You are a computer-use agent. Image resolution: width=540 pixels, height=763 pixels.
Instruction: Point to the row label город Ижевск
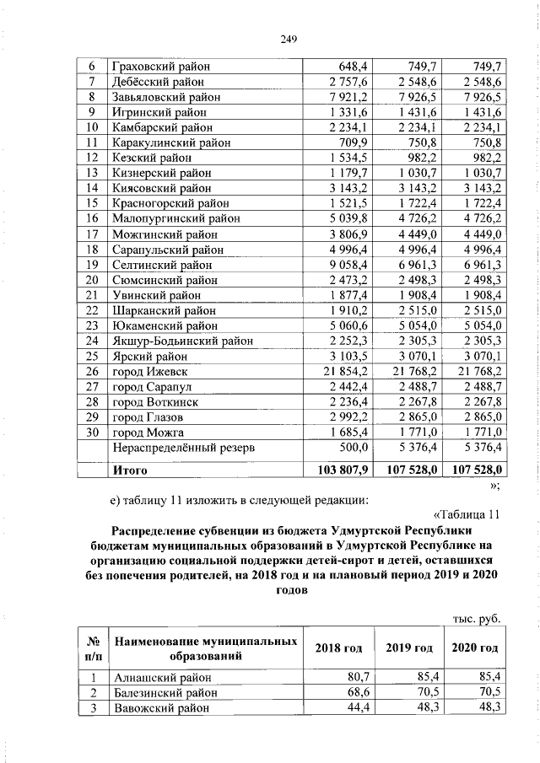point(149,371)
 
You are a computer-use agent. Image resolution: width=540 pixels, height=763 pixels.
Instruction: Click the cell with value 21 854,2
point(345,371)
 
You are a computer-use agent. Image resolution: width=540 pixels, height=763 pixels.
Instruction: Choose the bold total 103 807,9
point(341,469)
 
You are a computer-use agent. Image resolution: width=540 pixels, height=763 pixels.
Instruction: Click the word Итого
point(132,469)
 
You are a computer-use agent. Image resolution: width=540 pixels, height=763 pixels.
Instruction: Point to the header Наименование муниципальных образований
point(206,647)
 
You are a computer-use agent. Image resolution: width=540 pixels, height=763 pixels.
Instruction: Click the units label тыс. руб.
point(478,618)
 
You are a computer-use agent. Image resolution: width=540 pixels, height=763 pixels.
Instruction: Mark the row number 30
point(92,433)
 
